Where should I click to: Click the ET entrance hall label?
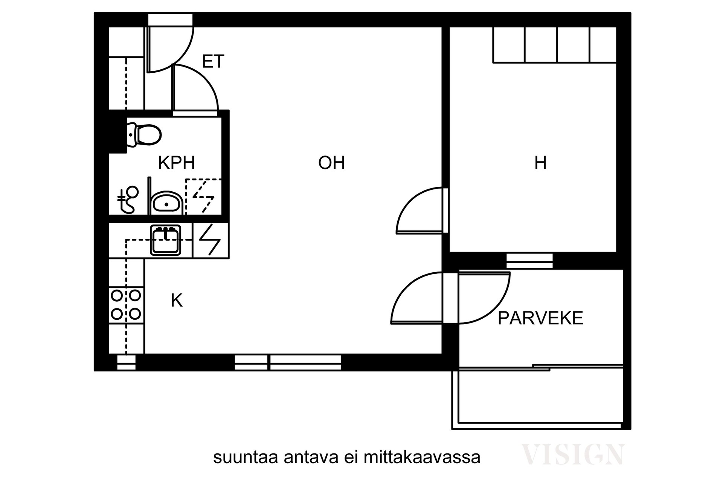pyautogui.click(x=213, y=61)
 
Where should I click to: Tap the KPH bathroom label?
pyautogui.click(x=176, y=163)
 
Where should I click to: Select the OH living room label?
pyautogui.click(x=331, y=163)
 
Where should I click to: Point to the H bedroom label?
pyautogui.click(x=540, y=163)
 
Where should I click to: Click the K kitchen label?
pyautogui.click(x=177, y=301)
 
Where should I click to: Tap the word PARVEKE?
pyautogui.click(x=540, y=318)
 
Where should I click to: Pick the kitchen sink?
pyautogui.click(x=165, y=240)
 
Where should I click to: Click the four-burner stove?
pyautogui.click(x=126, y=305)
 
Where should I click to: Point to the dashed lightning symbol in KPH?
pyautogui.click(x=203, y=196)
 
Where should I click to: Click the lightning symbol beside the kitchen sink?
pyautogui.click(x=210, y=240)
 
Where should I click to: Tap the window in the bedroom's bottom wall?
pyautogui.click(x=529, y=261)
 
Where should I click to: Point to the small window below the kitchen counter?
pyautogui.click(x=126, y=362)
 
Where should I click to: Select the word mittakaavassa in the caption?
pyautogui.click(x=422, y=458)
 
